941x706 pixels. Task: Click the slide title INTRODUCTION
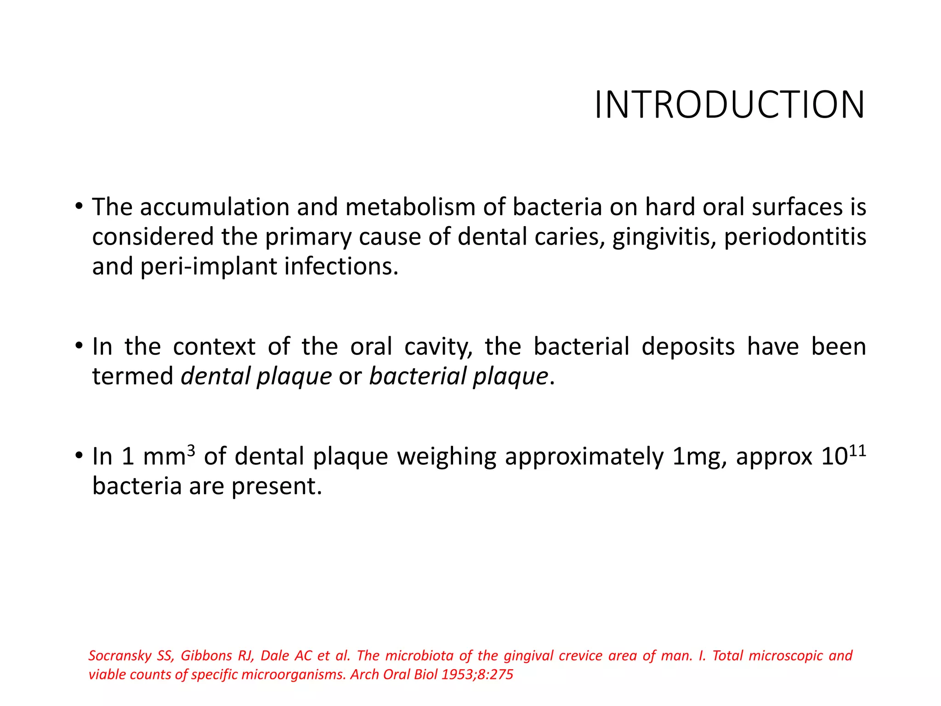729,105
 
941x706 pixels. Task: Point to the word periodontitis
795,237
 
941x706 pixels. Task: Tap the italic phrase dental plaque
256,376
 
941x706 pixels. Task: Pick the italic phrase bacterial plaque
459,376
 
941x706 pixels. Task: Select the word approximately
584,457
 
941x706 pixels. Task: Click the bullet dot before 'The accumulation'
79,206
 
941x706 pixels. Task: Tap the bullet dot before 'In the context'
79,346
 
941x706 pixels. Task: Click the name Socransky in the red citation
119,656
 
